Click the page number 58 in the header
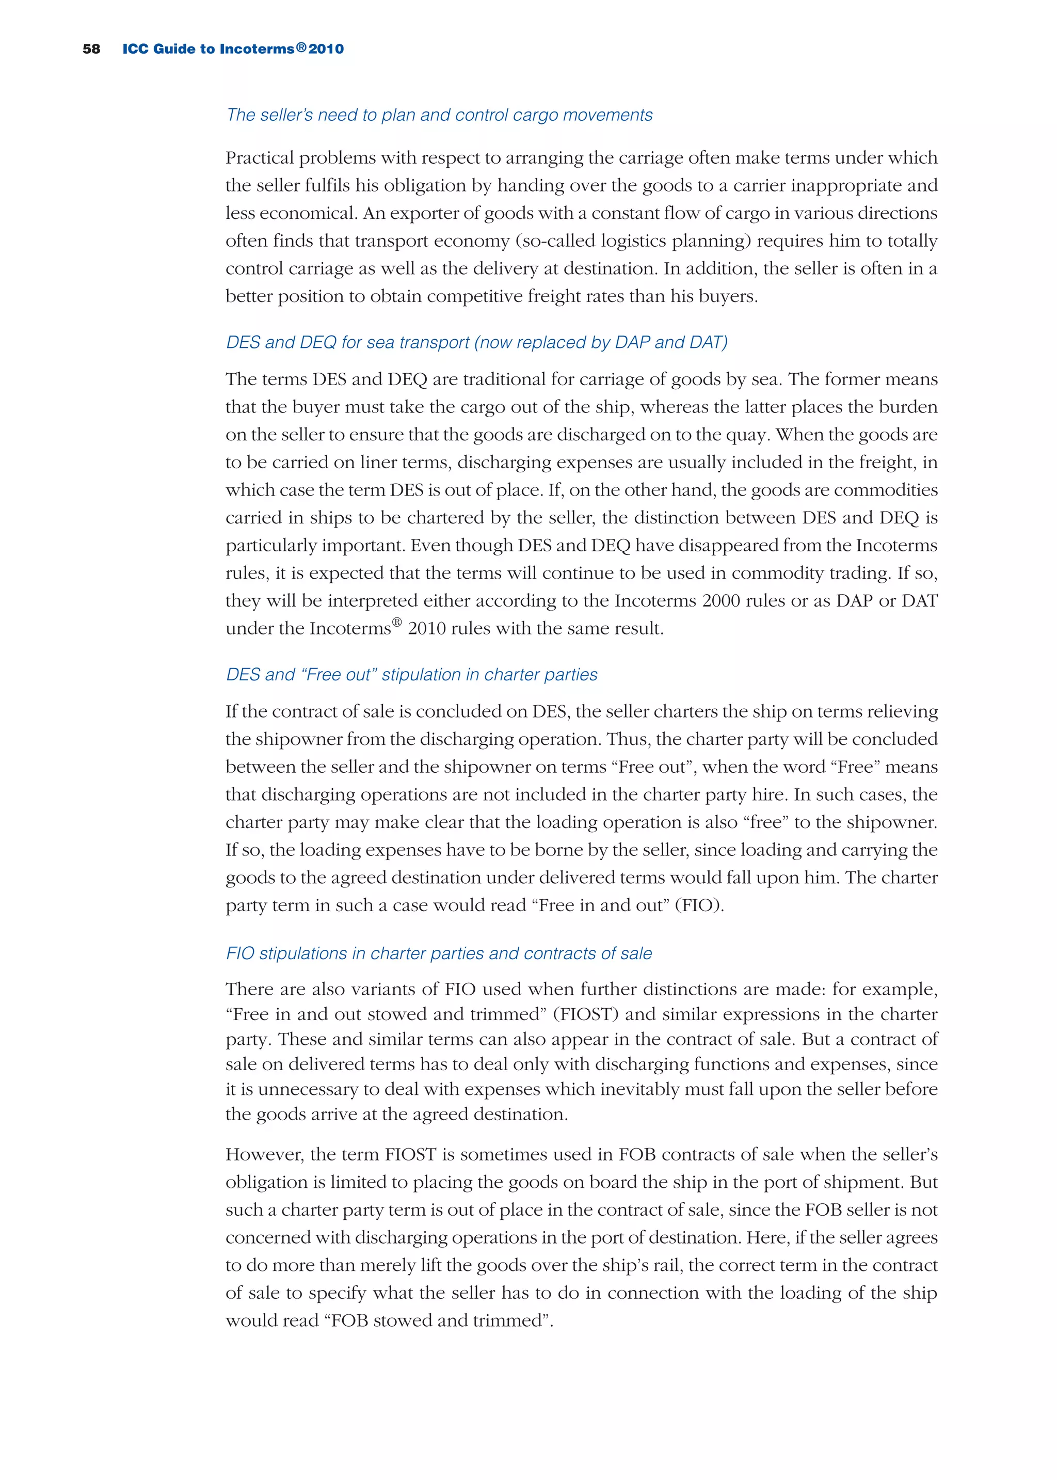[x=91, y=49]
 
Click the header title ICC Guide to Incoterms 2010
[x=233, y=49]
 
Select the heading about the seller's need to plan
[x=439, y=115]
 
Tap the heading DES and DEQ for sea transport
[x=476, y=342]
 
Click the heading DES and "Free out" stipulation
[x=411, y=674]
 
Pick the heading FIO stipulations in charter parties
[x=439, y=953]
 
